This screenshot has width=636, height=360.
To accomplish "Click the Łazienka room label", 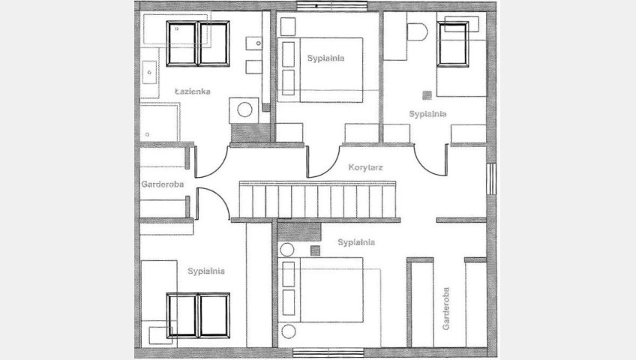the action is pyautogui.click(x=193, y=91).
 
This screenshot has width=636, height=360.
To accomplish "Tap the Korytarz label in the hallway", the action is pyautogui.click(x=365, y=167).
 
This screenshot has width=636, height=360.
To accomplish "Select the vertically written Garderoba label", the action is pyautogui.click(x=445, y=308).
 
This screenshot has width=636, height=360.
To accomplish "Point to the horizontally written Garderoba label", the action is pyautogui.click(x=162, y=184).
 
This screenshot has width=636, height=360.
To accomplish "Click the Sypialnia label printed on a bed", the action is pyautogui.click(x=325, y=58).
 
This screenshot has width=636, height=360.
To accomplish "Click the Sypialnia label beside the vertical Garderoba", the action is pyautogui.click(x=356, y=242).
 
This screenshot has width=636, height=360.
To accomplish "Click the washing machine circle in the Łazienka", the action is pyautogui.click(x=244, y=109).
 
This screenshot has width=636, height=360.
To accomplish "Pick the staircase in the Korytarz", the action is pyautogui.click(x=317, y=199).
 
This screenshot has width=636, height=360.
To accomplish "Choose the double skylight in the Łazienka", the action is pyautogui.click(x=198, y=43).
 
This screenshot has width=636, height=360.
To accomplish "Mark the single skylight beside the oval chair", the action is pyautogui.click(x=453, y=43).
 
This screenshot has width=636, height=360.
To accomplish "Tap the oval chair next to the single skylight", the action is pyautogui.click(x=417, y=32).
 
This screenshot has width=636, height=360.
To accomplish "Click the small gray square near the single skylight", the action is pyautogui.click(x=427, y=95).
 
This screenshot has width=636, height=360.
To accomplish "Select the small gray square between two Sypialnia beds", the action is pyautogui.click(x=315, y=251).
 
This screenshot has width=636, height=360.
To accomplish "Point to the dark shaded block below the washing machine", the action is pyautogui.click(x=250, y=133).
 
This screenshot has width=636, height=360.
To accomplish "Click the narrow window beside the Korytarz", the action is pyautogui.click(x=491, y=178).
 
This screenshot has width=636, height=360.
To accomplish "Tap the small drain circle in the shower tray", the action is pyautogui.click(x=147, y=134).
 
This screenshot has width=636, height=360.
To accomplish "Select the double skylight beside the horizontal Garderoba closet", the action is pyautogui.click(x=198, y=315).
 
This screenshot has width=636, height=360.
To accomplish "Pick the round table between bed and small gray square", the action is pyautogui.click(x=286, y=250).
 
